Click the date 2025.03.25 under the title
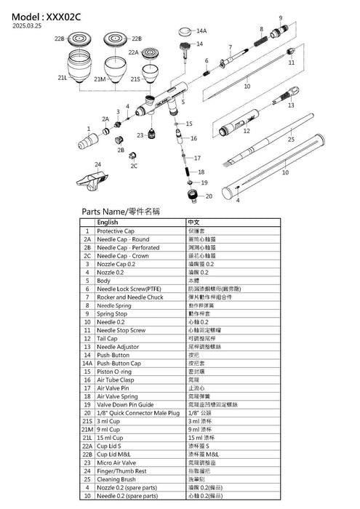(x=28, y=23)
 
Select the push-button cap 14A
(x=186, y=31)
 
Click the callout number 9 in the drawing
(x=281, y=17)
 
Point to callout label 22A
(x=133, y=52)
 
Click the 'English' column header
(x=107, y=223)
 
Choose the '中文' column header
(x=194, y=223)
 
